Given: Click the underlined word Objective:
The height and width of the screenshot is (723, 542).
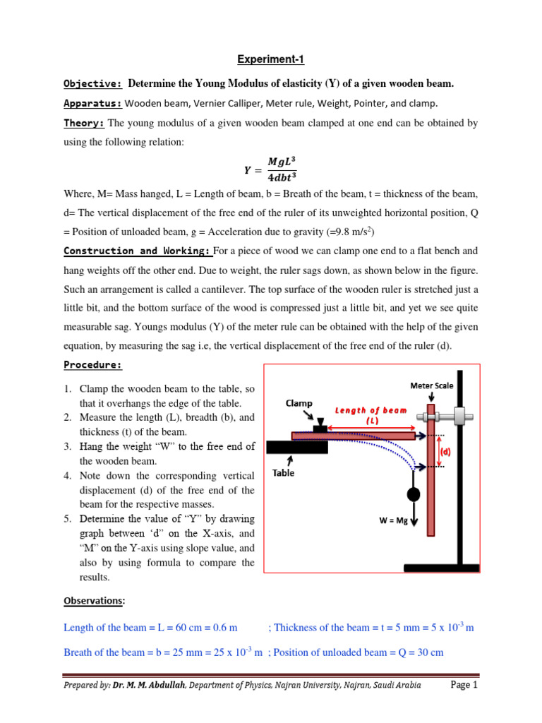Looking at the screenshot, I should pos(92,84).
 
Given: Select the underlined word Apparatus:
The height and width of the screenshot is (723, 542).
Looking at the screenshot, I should pos(92,103).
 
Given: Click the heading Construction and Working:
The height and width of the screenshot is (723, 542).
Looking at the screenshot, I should pos(137,251).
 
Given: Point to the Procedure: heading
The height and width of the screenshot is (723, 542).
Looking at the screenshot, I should pos(92,365).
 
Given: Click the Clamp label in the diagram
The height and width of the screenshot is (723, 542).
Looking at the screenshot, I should pos(299,403).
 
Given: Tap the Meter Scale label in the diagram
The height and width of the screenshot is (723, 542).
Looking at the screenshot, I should pos(432,386).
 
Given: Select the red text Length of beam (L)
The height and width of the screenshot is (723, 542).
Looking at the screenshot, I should pos(371,415).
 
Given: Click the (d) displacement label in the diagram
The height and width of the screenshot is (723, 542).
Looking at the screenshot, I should pos(446,451).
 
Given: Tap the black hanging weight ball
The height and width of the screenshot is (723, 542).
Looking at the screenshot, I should pos(413,494).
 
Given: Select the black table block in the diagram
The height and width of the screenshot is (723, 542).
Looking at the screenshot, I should pos(296,447).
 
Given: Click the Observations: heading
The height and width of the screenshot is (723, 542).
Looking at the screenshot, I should pos(95,601).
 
